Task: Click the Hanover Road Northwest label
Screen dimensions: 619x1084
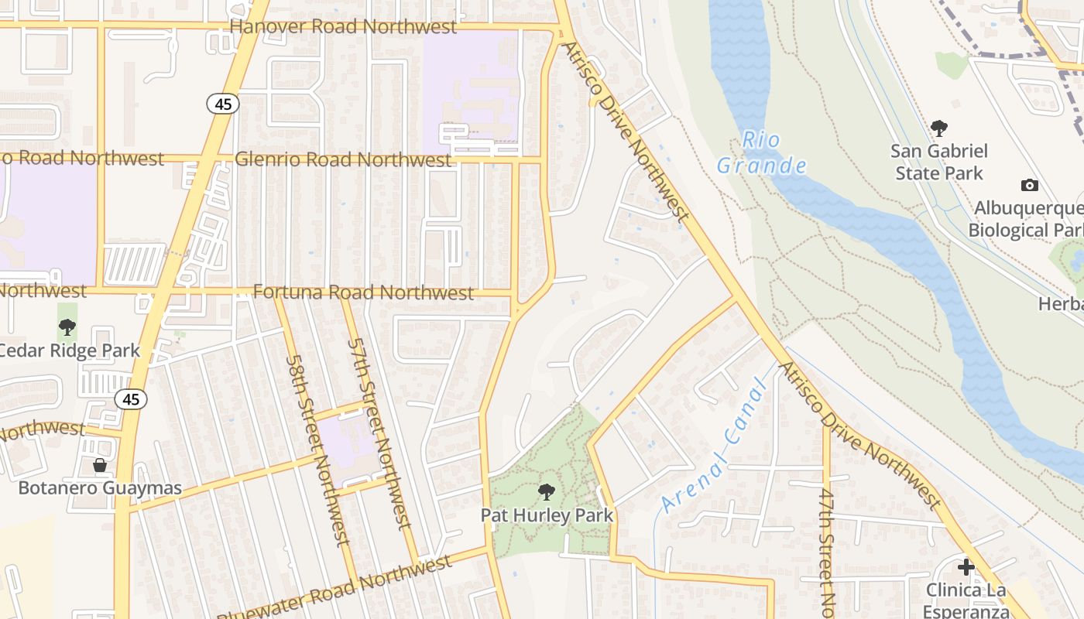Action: pyautogui.click(x=344, y=27)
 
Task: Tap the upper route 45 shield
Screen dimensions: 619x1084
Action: pyautogui.click(x=223, y=104)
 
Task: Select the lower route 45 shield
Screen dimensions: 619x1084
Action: pyautogui.click(x=131, y=399)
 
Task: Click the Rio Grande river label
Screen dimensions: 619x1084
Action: pyautogui.click(x=761, y=153)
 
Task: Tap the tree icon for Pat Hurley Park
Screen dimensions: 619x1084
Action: pyautogui.click(x=547, y=491)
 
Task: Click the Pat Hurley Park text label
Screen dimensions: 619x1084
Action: pyautogui.click(x=547, y=515)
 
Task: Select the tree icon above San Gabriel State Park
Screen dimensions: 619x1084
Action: pyautogui.click(x=939, y=128)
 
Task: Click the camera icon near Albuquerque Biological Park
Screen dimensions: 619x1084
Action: pyautogui.click(x=1029, y=185)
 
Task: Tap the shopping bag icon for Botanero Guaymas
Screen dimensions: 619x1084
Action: pyautogui.click(x=100, y=465)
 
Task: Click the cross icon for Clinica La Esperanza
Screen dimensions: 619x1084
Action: pyautogui.click(x=966, y=567)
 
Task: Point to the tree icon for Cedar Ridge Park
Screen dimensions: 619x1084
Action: pyautogui.click(x=67, y=327)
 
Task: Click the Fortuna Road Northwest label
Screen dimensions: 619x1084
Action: pyautogui.click(x=364, y=292)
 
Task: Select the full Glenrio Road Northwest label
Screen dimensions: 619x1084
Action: pyautogui.click(x=343, y=159)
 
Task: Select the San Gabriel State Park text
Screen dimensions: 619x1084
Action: pyautogui.click(x=939, y=162)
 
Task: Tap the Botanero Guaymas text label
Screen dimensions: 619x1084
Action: pyautogui.click(x=100, y=488)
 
